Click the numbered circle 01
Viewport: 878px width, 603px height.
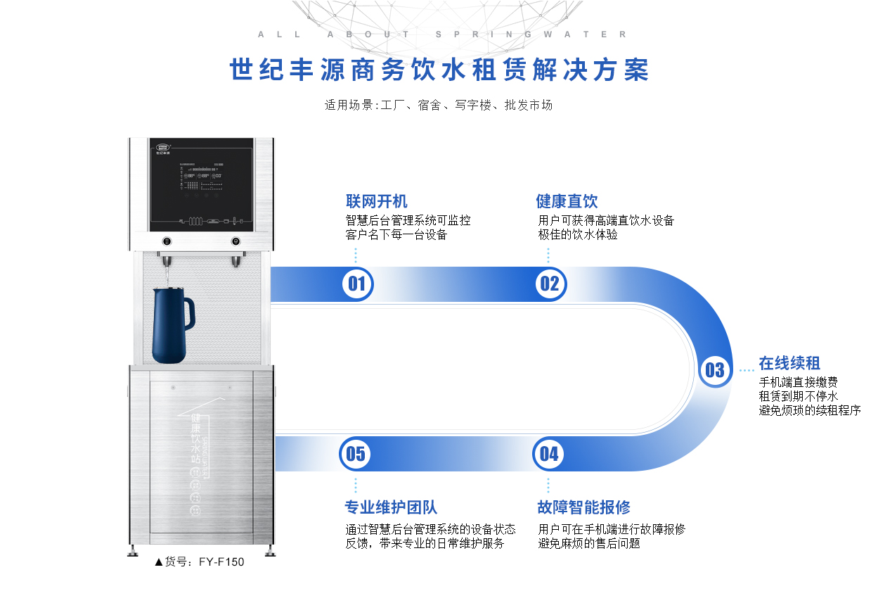pos(357,284)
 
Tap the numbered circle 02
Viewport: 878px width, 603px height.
pos(549,284)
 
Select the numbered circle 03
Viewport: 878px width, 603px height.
pos(714,369)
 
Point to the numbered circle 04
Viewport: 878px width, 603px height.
pos(549,454)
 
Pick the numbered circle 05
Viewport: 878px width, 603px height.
pos(356,454)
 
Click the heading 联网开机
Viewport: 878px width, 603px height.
pos(376,202)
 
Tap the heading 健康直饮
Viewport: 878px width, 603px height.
pos(567,202)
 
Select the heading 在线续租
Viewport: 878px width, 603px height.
pos(789,364)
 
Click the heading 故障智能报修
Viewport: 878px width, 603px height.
pos(583,507)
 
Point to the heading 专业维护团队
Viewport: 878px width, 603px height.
pos(391,507)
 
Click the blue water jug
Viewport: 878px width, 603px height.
pos(170,324)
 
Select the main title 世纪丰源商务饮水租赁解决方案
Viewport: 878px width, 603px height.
pos(439,70)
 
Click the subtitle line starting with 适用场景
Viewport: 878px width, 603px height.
pos(439,106)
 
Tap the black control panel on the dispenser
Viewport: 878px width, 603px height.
pos(201,182)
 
